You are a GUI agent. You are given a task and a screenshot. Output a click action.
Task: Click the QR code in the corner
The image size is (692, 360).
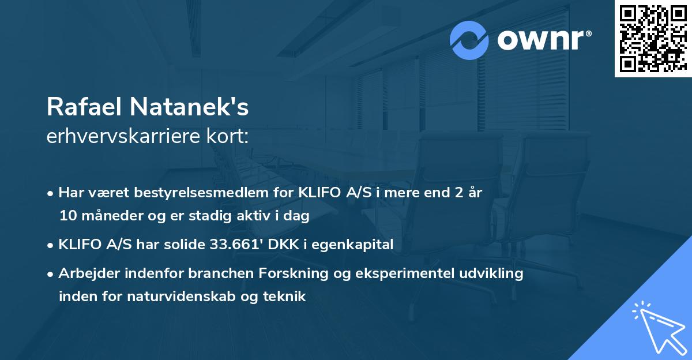[x=653, y=38]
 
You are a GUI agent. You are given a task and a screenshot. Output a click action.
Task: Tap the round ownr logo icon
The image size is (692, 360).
[x=469, y=40]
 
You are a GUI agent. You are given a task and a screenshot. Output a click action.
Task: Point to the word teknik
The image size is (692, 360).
[x=285, y=297]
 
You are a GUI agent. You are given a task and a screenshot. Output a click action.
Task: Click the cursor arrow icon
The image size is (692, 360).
[x=657, y=326]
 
